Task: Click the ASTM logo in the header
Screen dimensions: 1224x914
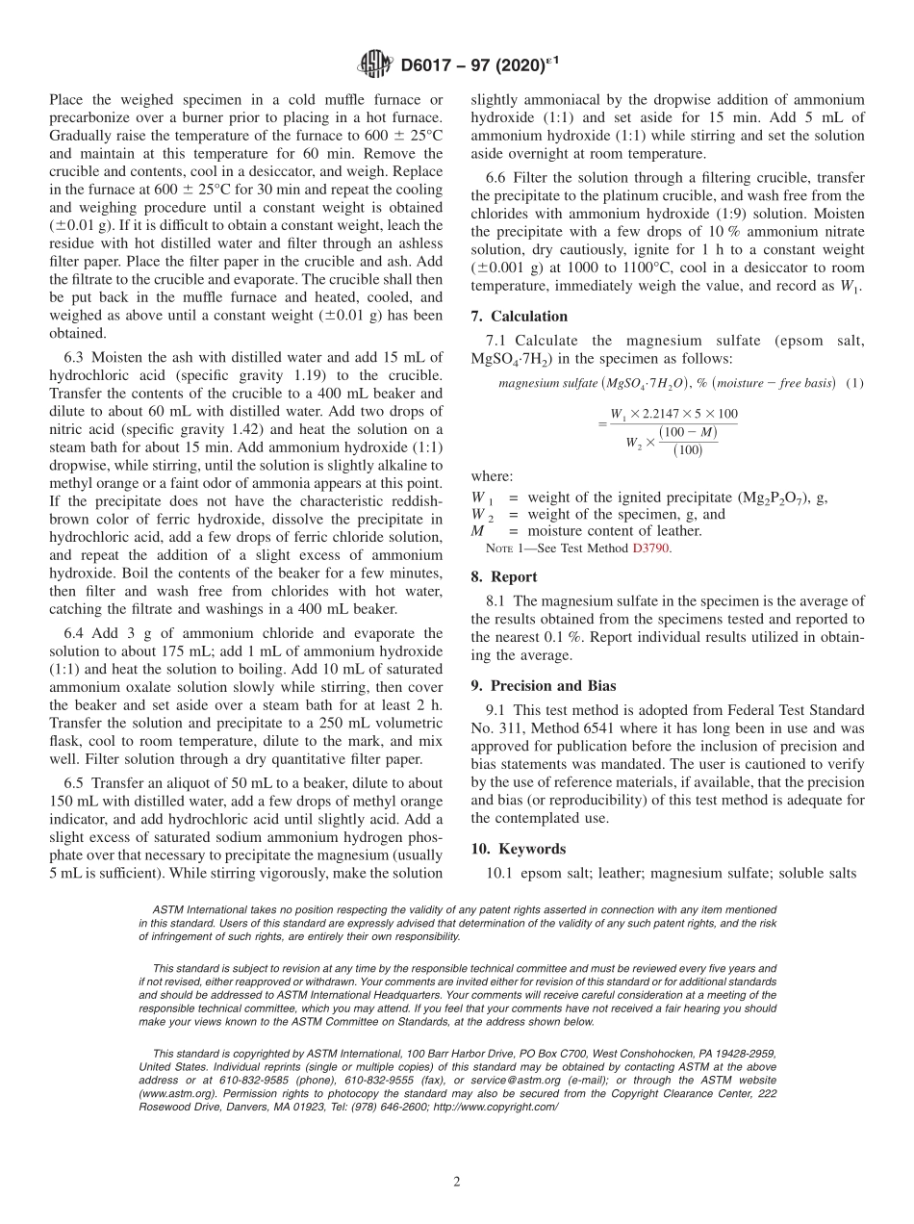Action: pos(374,64)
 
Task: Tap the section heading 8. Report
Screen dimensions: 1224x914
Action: pos(504,577)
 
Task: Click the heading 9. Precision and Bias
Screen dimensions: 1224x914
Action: pos(544,686)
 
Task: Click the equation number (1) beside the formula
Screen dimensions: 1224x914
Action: pos(854,384)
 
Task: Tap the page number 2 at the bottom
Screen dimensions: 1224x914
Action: pos(457,1183)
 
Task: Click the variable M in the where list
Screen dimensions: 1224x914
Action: pos(478,530)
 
